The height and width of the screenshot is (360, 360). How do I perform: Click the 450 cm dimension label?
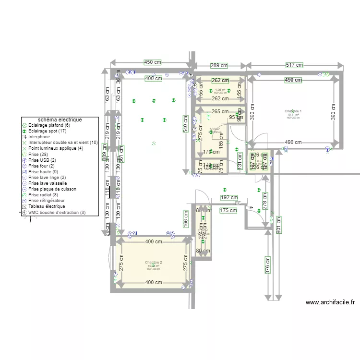pos(152,62)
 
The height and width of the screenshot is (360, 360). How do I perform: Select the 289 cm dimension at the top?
pos(219,65)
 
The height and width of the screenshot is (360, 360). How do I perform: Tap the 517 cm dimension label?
pos(294,65)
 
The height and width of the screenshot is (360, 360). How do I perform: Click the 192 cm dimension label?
pos(229,197)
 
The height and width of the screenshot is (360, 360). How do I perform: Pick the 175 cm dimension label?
pos(228,210)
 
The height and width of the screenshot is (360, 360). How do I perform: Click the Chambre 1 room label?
pos(293,111)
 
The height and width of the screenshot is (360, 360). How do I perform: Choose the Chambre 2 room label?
pos(154,263)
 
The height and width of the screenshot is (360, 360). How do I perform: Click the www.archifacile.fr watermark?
pos(330,302)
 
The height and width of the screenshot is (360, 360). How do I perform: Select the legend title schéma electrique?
pos(60,120)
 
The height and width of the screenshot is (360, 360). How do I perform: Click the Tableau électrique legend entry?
pos(47,206)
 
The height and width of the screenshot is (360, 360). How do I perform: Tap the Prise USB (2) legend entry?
pos(42,160)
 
